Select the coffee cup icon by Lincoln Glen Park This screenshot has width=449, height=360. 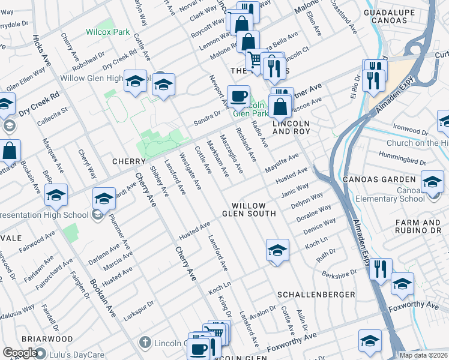238,97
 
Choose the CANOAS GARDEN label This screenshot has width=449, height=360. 378,179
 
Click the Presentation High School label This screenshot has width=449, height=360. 41,214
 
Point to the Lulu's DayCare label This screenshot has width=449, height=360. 62,353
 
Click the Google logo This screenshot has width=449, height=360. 20,353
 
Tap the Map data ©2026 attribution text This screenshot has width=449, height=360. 424,355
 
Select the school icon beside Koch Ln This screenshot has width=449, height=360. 277,250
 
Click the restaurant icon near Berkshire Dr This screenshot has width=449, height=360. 381,269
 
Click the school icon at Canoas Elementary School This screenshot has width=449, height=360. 432,182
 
